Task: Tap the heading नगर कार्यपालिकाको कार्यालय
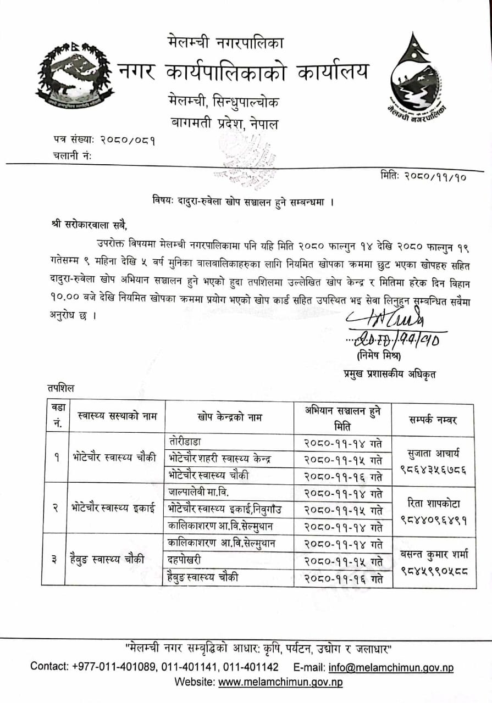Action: tap(244, 72)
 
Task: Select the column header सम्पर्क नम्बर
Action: tap(433, 420)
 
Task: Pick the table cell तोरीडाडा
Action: tap(187, 442)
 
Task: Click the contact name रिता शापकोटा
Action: tap(434, 504)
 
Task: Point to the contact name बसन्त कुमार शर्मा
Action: tap(434, 554)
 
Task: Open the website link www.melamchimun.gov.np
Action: tap(280, 682)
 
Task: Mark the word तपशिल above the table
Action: tap(60, 388)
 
